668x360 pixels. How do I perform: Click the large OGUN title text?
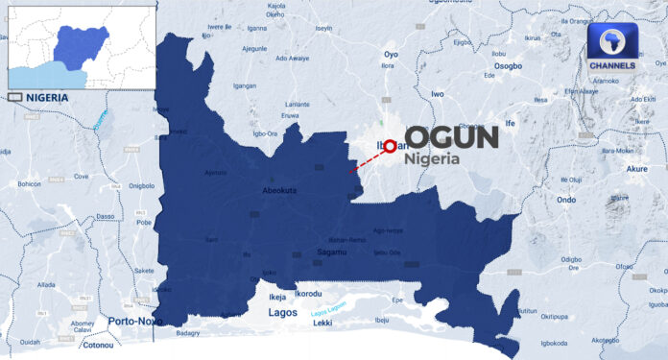(x=450, y=137)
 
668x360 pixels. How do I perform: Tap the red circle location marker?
(x=390, y=147)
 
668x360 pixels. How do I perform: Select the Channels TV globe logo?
(x=611, y=43)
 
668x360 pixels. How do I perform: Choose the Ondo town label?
(x=566, y=200)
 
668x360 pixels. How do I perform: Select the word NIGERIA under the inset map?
(x=47, y=98)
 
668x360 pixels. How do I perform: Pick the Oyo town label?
(x=391, y=54)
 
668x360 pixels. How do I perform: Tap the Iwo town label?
(x=439, y=94)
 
